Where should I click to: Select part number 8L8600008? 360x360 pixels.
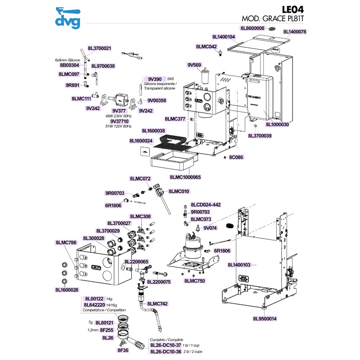tap(252, 28)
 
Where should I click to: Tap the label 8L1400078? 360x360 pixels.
tap(295, 32)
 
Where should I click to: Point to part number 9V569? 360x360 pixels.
tap(194, 65)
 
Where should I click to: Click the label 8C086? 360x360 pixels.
tap(236, 157)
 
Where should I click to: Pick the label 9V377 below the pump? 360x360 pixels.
tap(119, 110)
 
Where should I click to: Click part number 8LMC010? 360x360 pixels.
tap(179, 191)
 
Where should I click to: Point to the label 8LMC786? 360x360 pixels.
tap(66, 243)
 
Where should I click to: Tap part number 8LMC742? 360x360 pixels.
tap(157, 304)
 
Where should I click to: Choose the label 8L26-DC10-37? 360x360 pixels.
tap(166, 345)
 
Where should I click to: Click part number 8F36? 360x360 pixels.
tap(123, 350)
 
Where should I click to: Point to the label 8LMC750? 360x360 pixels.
tap(194, 281)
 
